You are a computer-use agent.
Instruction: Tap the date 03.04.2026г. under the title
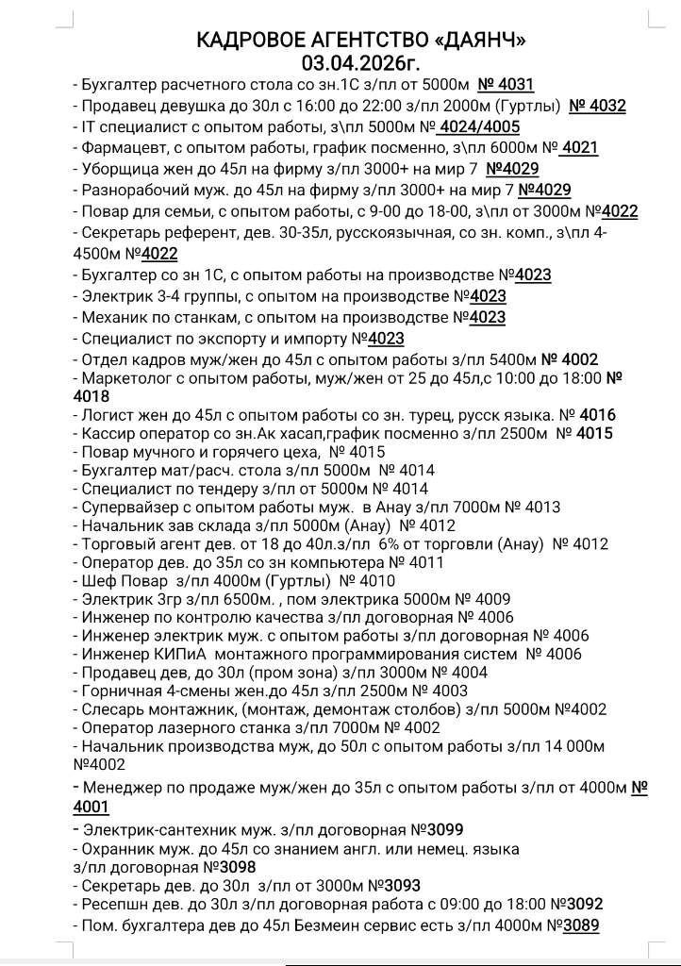pyautogui.click(x=361, y=63)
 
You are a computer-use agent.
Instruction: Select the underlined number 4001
pyautogui.click(x=91, y=807)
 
